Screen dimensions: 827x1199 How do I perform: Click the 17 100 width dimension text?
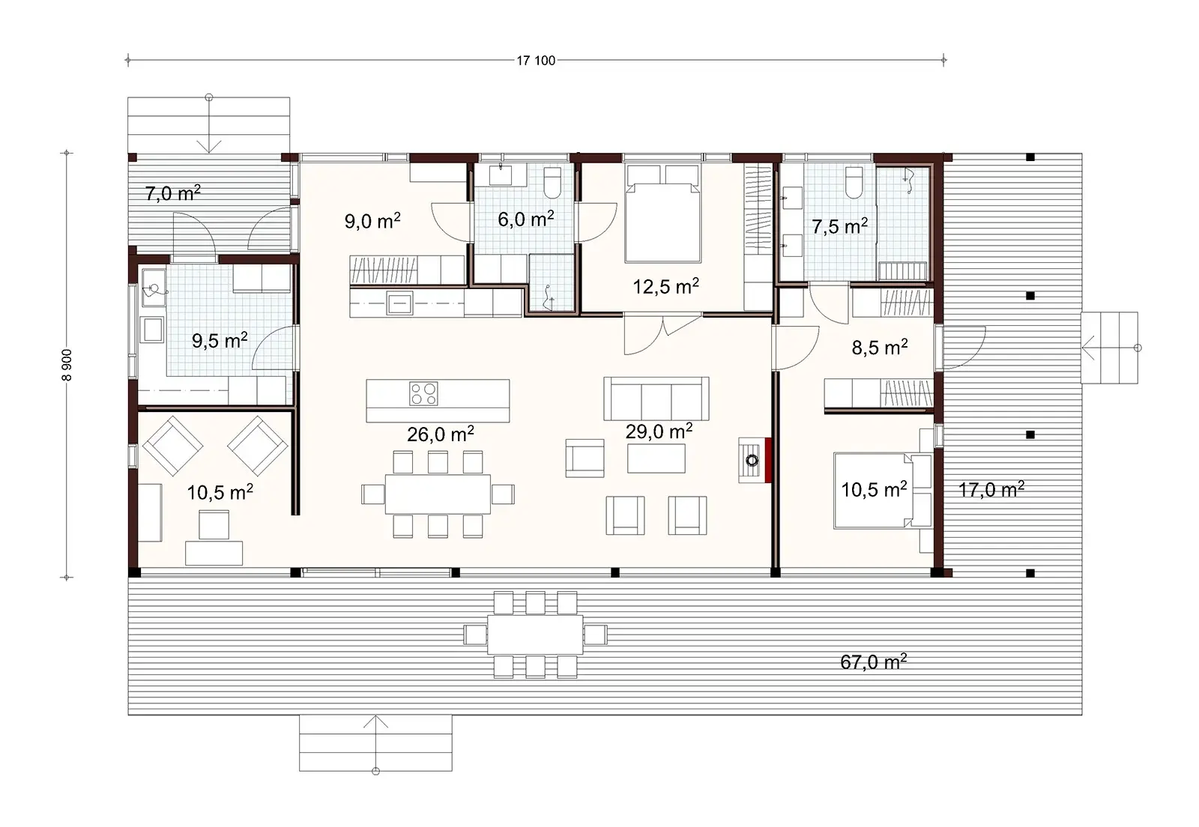coord(536,61)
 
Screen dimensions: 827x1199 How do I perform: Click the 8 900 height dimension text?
coord(68,364)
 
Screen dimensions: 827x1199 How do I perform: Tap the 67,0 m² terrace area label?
coord(874,662)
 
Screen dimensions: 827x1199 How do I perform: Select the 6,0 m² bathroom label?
coord(526,219)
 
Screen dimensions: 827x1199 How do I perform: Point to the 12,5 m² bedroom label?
coord(666,286)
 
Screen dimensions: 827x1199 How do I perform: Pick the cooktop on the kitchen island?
coord(423,394)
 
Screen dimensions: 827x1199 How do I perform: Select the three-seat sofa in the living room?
coord(656,399)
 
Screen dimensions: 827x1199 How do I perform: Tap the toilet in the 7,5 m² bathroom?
coord(854,182)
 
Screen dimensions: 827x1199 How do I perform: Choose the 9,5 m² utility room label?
coord(220,342)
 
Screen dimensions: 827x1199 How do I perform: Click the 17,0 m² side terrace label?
coord(991,491)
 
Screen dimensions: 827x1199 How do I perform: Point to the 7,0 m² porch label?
coord(172,194)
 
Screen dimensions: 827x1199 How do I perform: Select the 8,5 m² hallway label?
coord(880,348)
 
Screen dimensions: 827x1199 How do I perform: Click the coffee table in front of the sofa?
coord(656,458)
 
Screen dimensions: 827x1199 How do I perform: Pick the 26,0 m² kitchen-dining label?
coord(440,434)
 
